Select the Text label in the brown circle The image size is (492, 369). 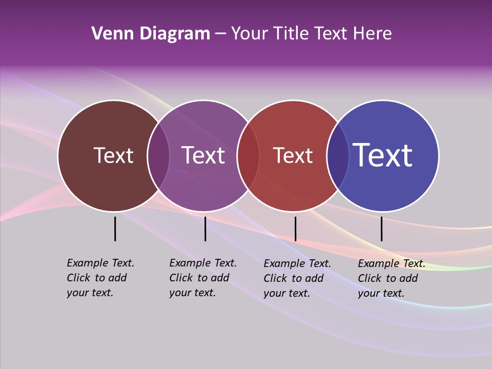point(113,156)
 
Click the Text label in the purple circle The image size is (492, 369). point(203,156)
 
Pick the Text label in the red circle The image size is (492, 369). point(293,156)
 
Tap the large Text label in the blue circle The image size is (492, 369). point(383,155)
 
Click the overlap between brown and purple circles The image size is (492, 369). point(158,156)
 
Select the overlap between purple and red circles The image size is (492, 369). point(248,156)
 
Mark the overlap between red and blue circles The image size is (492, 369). point(338,156)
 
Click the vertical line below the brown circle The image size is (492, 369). point(115,229)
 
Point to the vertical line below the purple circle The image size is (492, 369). point(205,229)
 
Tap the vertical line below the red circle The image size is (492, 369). point(295,229)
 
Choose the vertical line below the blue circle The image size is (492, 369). point(381,229)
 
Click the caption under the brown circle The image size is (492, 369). point(100,278)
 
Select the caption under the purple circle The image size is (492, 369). point(202,278)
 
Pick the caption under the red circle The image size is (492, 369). point(297,278)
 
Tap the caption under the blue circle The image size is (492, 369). point(391,278)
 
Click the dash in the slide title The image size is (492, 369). point(220,34)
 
